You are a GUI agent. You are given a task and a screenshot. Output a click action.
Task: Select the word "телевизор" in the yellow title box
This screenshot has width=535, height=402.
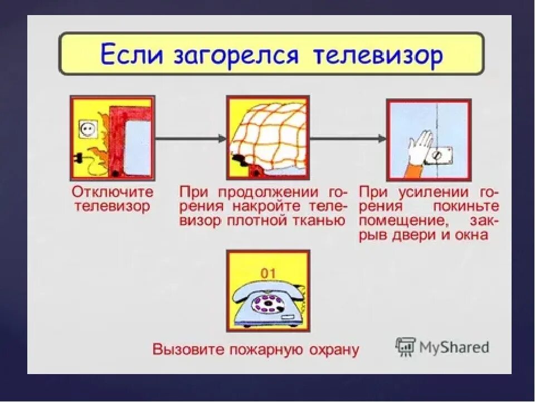click(378, 56)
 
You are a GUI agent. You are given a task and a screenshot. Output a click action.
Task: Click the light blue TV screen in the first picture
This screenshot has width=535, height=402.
click(137, 146)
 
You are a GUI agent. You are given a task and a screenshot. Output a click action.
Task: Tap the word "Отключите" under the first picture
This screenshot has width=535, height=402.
click(112, 192)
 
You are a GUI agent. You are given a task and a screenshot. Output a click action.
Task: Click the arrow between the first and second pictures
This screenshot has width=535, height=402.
click(190, 138)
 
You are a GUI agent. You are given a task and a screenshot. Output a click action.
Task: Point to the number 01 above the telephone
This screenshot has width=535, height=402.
click(269, 273)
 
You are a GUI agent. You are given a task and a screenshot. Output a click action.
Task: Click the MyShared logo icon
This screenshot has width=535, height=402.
click(406, 347)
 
